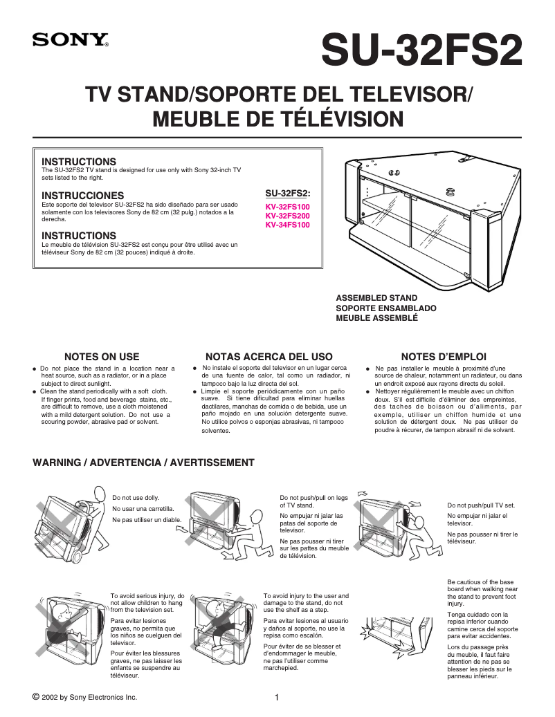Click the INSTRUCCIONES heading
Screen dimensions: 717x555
(x=83, y=196)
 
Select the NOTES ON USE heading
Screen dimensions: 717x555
(x=102, y=357)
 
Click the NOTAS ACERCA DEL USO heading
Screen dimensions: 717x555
(x=269, y=357)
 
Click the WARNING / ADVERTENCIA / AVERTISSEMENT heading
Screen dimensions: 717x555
(x=144, y=463)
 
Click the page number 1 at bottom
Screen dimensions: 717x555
(x=277, y=697)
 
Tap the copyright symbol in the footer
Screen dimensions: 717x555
(x=36, y=696)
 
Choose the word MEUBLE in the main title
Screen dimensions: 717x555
(x=192, y=118)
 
